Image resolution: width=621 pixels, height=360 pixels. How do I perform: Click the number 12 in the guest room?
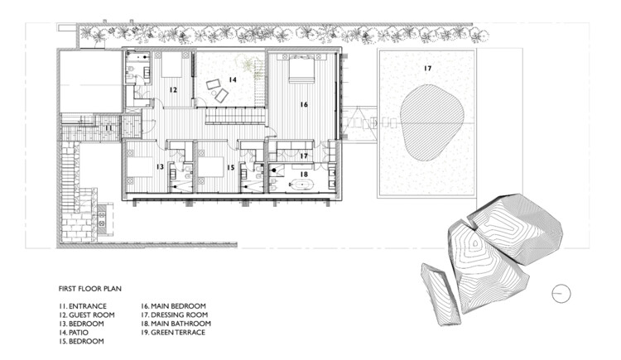173,90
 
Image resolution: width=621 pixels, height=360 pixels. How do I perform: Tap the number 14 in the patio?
233,79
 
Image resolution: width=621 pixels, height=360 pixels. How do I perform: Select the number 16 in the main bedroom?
304,104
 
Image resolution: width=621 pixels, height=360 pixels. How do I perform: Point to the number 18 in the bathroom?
304,175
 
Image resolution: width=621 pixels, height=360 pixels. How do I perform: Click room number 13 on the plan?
160,167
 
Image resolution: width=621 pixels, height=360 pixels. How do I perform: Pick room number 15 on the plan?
231,167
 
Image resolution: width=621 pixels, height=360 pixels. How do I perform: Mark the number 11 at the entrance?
108,128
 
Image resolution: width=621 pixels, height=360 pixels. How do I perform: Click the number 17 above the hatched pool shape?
427,69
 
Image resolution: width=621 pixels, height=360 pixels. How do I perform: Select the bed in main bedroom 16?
301,69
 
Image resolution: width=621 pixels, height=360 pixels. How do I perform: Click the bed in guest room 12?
172,65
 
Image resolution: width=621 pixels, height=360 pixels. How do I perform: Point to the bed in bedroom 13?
140,166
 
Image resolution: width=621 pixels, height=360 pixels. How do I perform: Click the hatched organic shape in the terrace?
431,122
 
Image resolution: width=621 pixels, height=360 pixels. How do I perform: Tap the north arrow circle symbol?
561,294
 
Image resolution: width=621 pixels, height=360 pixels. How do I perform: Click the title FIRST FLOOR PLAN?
90,289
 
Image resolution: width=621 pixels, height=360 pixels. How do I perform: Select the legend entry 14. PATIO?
74,333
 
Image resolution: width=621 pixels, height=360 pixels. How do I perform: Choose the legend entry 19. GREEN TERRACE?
173,333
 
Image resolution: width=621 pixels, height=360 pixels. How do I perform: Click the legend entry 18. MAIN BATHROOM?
176,324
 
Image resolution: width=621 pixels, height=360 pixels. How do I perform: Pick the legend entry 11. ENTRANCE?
82,306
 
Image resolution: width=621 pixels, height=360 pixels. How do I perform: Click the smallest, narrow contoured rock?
440,294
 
